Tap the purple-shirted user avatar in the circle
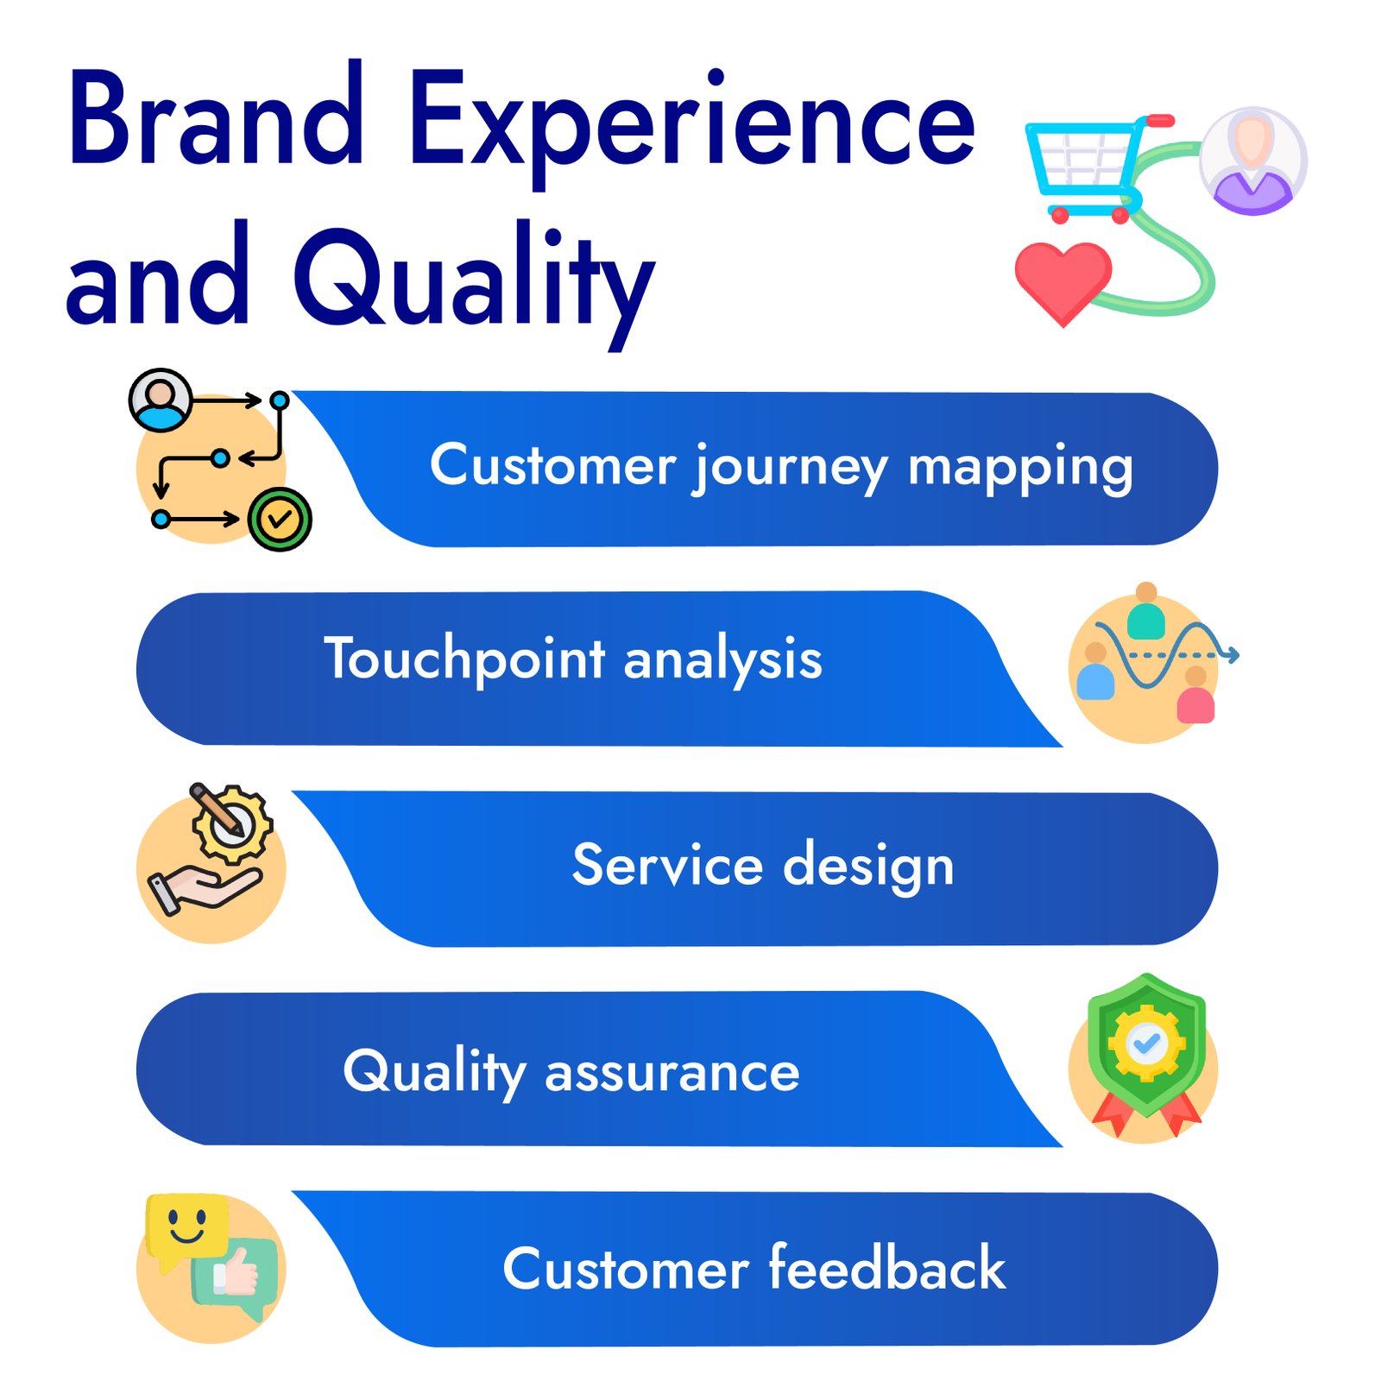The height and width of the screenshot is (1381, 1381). (1252, 161)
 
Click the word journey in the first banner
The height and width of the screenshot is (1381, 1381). (790, 468)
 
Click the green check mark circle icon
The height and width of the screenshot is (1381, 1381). (279, 519)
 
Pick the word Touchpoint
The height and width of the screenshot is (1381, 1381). (464, 660)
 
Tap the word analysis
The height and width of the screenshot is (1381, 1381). (722, 660)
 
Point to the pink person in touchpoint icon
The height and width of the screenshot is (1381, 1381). (1195, 696)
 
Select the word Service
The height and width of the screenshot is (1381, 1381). (667, 865)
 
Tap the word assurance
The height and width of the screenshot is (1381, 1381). (672, 1073)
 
